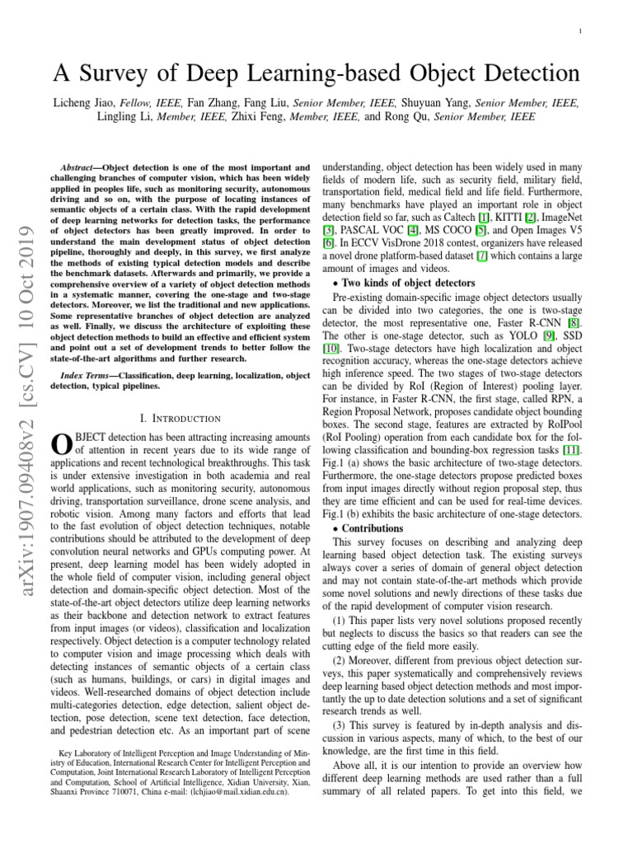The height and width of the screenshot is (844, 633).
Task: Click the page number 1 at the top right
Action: coord(582,31)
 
